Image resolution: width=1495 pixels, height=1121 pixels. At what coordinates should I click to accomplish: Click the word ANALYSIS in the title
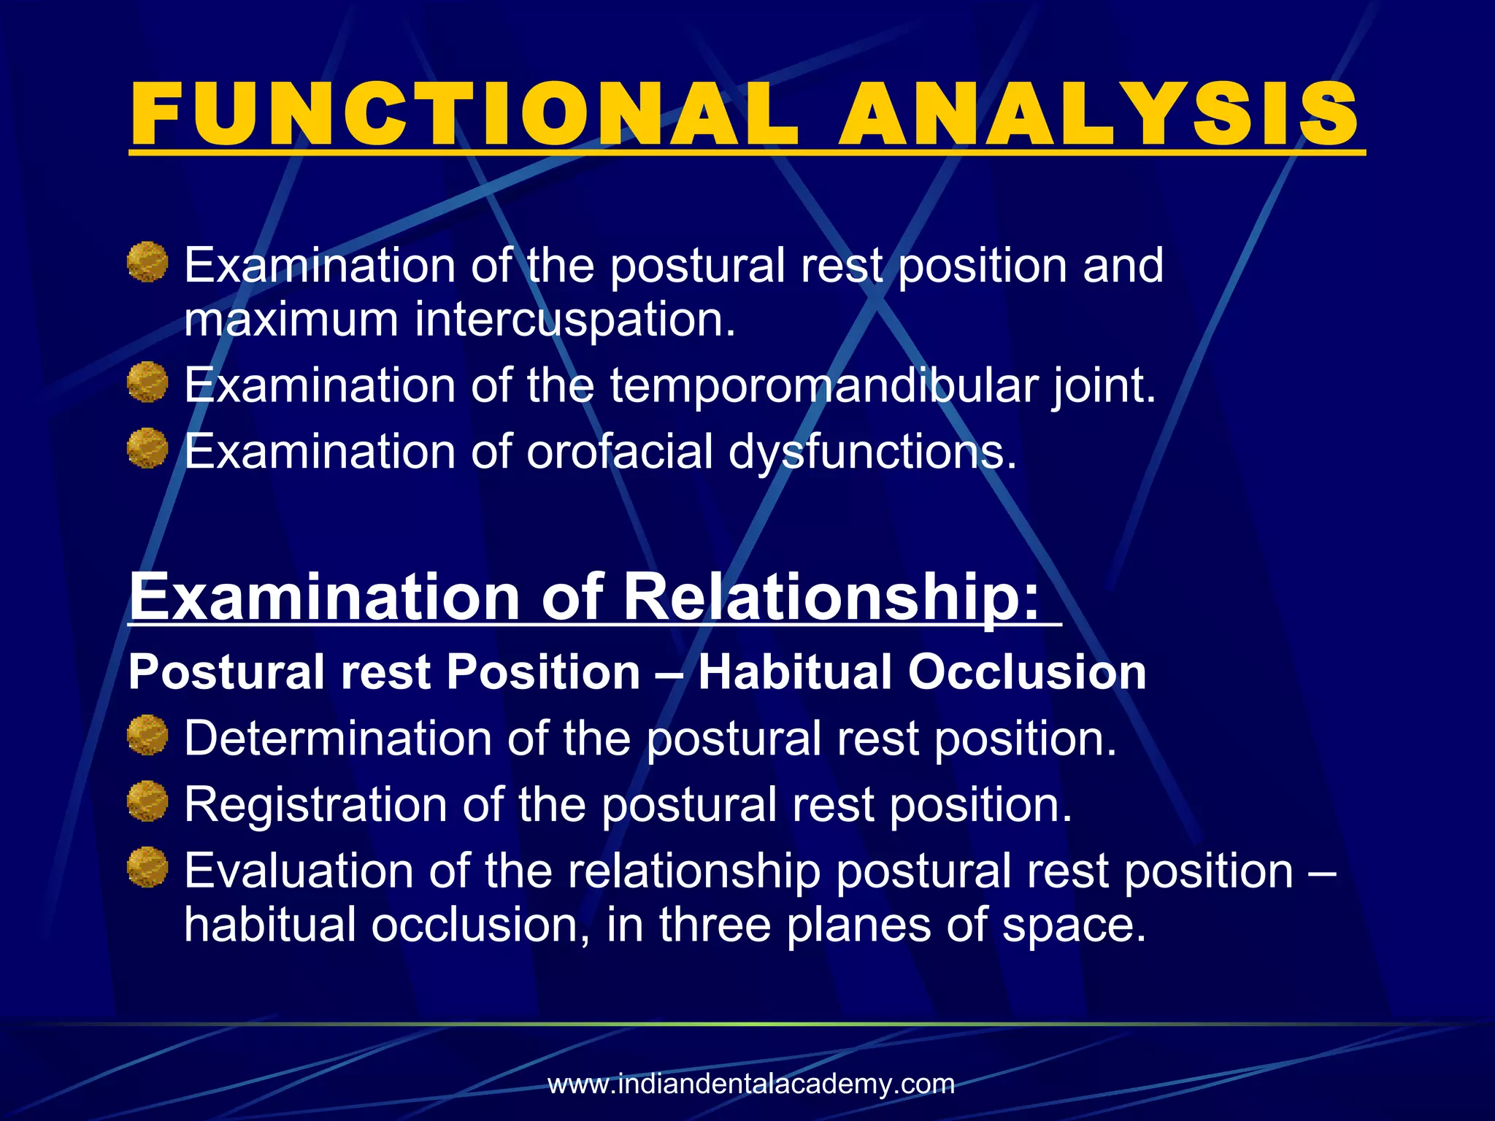tap(1099, 115)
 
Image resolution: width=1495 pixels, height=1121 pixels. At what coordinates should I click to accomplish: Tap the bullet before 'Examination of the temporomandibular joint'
tap(147, 382)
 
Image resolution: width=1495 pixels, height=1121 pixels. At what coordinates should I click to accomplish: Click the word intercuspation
tap(574, 320)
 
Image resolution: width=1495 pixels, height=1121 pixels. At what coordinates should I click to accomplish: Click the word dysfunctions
tap(872, 452)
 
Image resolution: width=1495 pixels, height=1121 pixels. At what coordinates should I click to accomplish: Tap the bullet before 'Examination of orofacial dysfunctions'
tap(147, 447)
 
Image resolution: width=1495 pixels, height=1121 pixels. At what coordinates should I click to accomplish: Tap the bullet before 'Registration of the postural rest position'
tap(147, 801)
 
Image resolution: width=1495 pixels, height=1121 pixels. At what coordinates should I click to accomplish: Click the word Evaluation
tap(298, 871)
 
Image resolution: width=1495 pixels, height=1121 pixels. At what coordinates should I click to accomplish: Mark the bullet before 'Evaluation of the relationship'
tap(147, 867)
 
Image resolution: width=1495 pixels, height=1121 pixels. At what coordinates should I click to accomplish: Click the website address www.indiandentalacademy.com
tap(751, 1084)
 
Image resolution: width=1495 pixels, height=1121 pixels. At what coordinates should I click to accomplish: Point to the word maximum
tap(291, 320)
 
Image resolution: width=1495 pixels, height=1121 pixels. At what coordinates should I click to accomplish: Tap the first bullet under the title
tap(147, 262)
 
